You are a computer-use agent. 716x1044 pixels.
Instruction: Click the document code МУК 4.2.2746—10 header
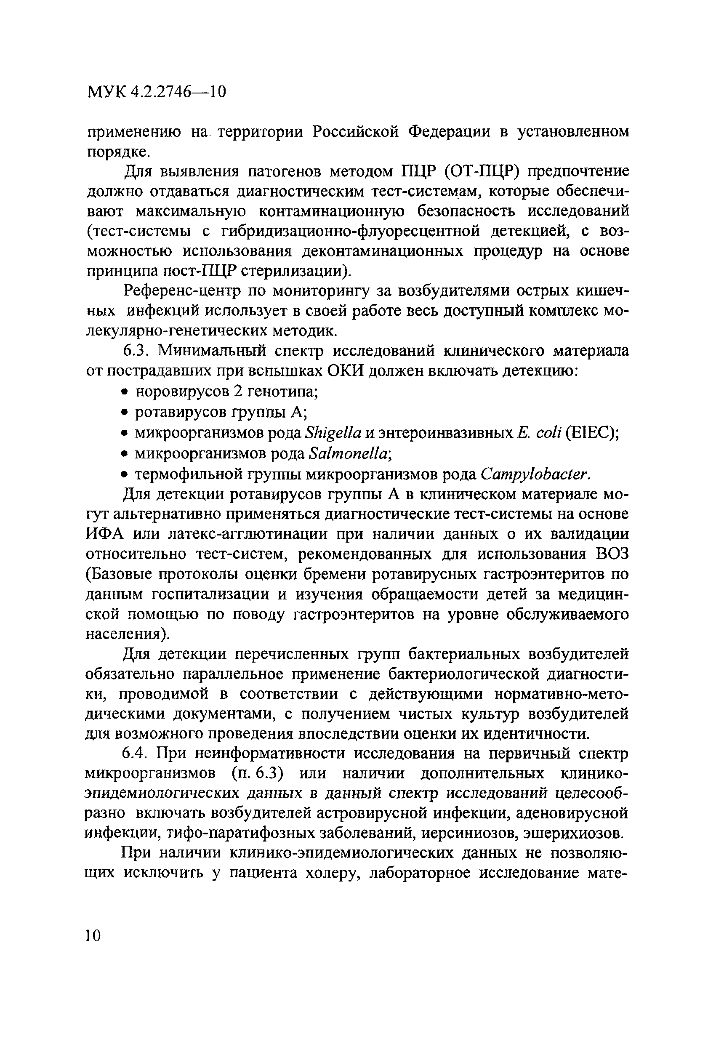pos(156,92)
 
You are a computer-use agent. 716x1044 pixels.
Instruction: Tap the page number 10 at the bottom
pos(93,936)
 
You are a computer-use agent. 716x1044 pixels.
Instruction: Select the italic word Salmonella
pos(348,453)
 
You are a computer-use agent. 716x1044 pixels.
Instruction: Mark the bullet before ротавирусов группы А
pos(126,413)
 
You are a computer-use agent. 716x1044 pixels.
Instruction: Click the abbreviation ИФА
pos(105,534)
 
